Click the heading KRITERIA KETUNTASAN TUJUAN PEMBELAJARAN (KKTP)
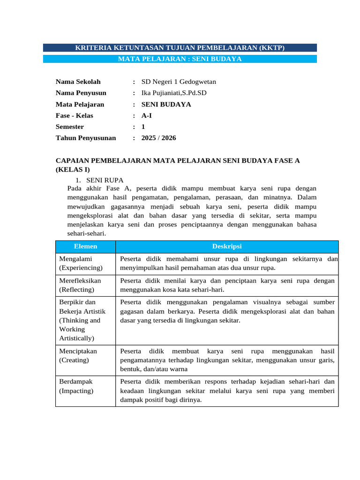tap(180, 48)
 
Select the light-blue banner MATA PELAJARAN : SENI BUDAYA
tap(180, 59)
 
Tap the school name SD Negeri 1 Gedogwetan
tap(179, 82)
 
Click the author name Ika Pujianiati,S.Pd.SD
tap(174, 93)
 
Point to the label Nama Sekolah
tap(78, 82)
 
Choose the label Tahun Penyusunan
tap(86, 138)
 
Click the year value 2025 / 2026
tap(159, 138)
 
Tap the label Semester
tap(70, 127)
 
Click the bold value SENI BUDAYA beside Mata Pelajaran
tap(166, 105)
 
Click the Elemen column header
tap(85, 247)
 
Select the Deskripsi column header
tap(227, 247)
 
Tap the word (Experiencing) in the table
tap(81, 268)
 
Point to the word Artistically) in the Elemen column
tap(77, 338)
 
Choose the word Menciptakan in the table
tap(78, 351)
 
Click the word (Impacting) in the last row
tap(76, 390)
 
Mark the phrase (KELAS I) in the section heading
tap(73, 170)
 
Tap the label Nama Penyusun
tap(81, 93)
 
